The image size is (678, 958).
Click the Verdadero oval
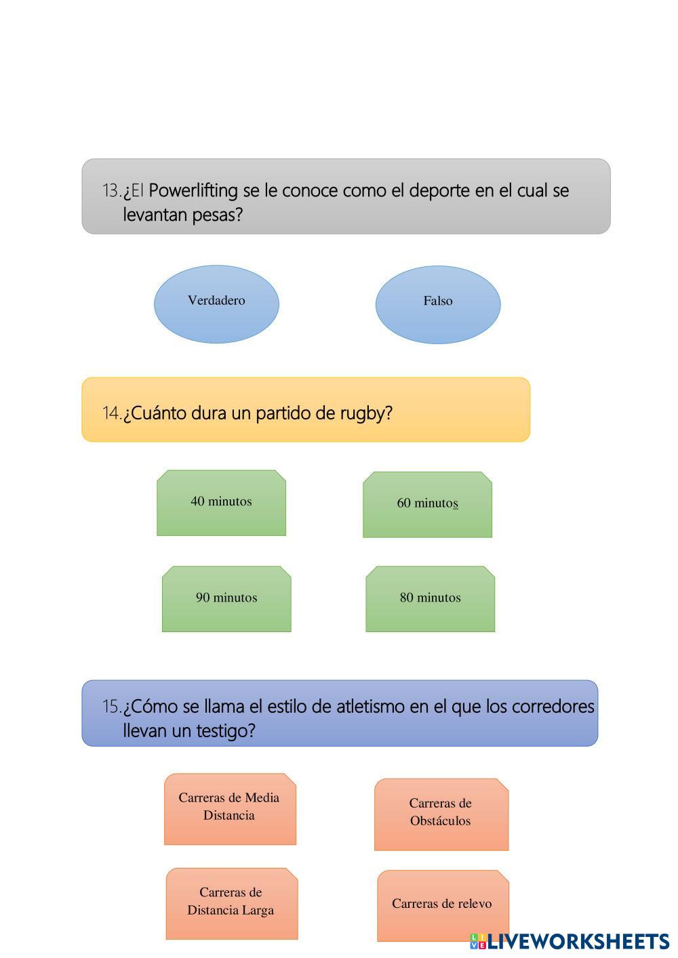pos(216,304)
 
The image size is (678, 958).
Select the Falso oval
pos(438,304)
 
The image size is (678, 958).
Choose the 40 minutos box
pos(221,503)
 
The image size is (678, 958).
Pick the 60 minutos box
pos(428,505)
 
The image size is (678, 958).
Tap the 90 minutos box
pos(226,599)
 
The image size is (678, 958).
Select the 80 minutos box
pos(430,599)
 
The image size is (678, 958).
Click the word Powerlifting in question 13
pos(193,191)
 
